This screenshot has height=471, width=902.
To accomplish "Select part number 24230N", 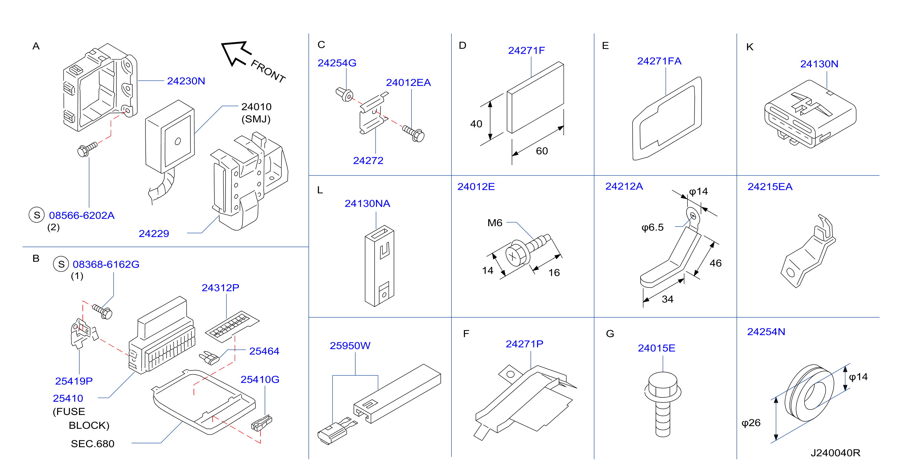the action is [x=186, y=81].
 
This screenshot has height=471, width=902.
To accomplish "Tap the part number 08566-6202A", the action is [x=82, y=216].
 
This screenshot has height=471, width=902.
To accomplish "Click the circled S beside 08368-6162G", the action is [x=61, y=264].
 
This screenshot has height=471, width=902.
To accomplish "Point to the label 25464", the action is [x=264, y=351].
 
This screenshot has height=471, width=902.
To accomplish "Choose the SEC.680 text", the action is [x=92, y=444].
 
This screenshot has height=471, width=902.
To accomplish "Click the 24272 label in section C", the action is [x=368, y=160].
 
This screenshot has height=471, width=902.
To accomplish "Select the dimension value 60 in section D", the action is [x=542, y=151].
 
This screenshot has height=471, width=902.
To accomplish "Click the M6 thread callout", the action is [x=495, y=223].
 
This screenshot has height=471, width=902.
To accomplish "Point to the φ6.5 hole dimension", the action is [x=652, y=227].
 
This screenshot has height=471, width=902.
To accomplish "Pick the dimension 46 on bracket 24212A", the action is [x=715, y=263].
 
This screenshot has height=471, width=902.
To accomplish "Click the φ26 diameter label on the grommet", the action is [x=751, y=423].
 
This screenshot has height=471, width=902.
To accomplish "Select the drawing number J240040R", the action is [x=835, y=453].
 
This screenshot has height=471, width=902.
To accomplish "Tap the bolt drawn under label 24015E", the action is [x=662, y=404].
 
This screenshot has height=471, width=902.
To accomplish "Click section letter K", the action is [x=750, y=47].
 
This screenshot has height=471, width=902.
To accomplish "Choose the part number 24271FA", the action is [x=659, y=61].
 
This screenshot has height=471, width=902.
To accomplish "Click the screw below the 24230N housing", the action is [x=87, y=149].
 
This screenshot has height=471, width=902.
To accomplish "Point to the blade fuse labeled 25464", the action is [x=209, y=358].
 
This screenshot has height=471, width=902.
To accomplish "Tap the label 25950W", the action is [x=350, y=346].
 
